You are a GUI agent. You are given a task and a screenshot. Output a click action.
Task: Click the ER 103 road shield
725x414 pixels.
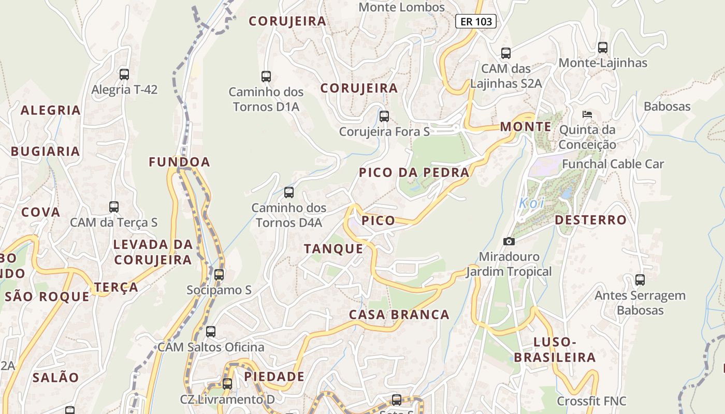point(476,21)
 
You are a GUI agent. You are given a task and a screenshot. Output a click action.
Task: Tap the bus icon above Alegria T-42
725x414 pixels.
point(124,74)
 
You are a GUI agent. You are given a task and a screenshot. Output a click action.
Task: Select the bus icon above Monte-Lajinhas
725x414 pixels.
point(603,48)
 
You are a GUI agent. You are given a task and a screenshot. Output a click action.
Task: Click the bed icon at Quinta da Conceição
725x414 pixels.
point(587,114)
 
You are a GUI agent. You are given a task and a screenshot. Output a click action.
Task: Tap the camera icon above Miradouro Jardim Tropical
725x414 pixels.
point(509,241)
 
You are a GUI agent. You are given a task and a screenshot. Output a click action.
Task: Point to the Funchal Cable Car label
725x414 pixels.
point(613,164)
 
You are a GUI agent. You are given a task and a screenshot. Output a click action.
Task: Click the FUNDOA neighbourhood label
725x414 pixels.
point(179,162)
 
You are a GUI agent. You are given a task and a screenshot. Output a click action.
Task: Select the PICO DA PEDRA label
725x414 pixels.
point(414,172)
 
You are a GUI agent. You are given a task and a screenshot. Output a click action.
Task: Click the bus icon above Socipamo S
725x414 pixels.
point(219,274)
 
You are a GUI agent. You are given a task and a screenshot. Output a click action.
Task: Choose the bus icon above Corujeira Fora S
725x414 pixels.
point(384,116)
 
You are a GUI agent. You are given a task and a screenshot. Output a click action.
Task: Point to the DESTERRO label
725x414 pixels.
point(590,220)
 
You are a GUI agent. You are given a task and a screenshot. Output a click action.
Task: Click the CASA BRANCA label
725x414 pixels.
point(399,315)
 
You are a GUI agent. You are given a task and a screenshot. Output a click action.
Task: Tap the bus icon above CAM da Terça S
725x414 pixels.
point(114,207)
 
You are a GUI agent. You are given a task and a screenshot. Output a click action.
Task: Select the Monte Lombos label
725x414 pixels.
point(401,7)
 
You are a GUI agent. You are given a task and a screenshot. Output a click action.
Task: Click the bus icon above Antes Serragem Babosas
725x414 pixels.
point(640,280)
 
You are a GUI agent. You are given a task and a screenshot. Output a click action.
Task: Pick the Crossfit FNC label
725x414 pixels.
point(591,401)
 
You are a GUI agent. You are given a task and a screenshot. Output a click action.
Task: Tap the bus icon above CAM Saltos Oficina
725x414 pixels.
point(211,332)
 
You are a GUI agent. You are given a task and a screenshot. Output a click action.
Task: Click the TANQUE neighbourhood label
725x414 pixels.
point(334,249)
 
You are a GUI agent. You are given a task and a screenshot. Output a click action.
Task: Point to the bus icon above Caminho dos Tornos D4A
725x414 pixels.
point(289,193)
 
